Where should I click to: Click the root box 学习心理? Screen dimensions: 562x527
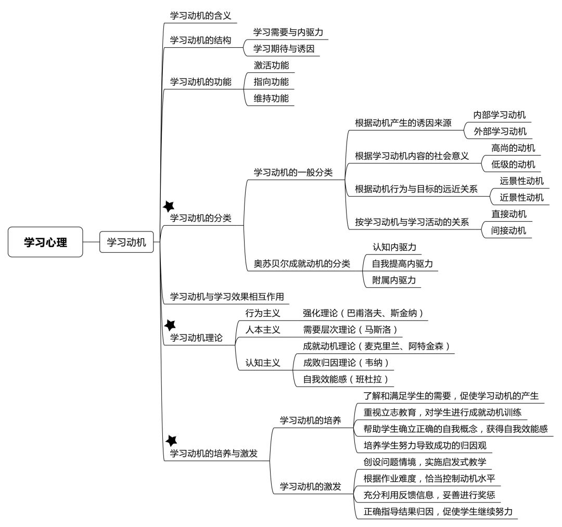point(45,242)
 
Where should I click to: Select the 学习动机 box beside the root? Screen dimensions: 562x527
point(126,242)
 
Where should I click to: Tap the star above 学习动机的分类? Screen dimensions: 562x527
point(169,207)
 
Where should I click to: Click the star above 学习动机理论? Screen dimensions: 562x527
point(170,325)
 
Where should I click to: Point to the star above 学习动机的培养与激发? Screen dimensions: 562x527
point(171,441)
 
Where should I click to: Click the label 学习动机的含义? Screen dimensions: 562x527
point(201,16)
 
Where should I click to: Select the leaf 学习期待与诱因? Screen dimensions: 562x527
point(284,49)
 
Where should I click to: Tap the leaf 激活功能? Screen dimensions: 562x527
point(271,65)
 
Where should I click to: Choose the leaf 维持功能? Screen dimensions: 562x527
point(271,98)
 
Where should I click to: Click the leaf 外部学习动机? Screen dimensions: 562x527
point(500,132)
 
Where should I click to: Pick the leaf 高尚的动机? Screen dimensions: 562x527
point(513,148)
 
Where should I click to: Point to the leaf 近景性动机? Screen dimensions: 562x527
point(522,197)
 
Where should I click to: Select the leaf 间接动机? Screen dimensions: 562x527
point(508,230)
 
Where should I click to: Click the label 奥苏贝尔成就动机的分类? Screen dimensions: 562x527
point(302,264)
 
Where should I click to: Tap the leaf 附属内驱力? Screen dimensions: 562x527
point(394,280)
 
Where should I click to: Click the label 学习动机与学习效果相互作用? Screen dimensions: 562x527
point(227,297)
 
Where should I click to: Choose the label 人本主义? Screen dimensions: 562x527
point(263,330)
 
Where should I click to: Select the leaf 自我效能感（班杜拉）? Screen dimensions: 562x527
point(346,379)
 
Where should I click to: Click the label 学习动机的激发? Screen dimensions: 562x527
point(310,486)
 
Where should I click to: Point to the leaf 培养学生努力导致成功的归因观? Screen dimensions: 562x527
point(425,445)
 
